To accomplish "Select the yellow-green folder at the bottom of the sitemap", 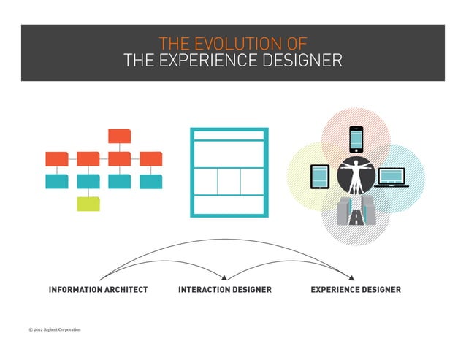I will click(88, 203).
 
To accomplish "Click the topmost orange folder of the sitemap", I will click(119, 136).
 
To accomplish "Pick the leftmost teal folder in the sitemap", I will click(57, 181).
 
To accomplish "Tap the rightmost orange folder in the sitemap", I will click(150, 158).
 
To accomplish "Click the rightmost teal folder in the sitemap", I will click(150, 181).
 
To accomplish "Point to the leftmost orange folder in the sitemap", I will click(57, 158).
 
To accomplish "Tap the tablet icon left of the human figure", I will click(321, 176).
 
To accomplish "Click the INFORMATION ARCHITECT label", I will click(98, 290).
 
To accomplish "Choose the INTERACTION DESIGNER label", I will click(224, 290).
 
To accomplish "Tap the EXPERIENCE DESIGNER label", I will click(355, 290).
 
